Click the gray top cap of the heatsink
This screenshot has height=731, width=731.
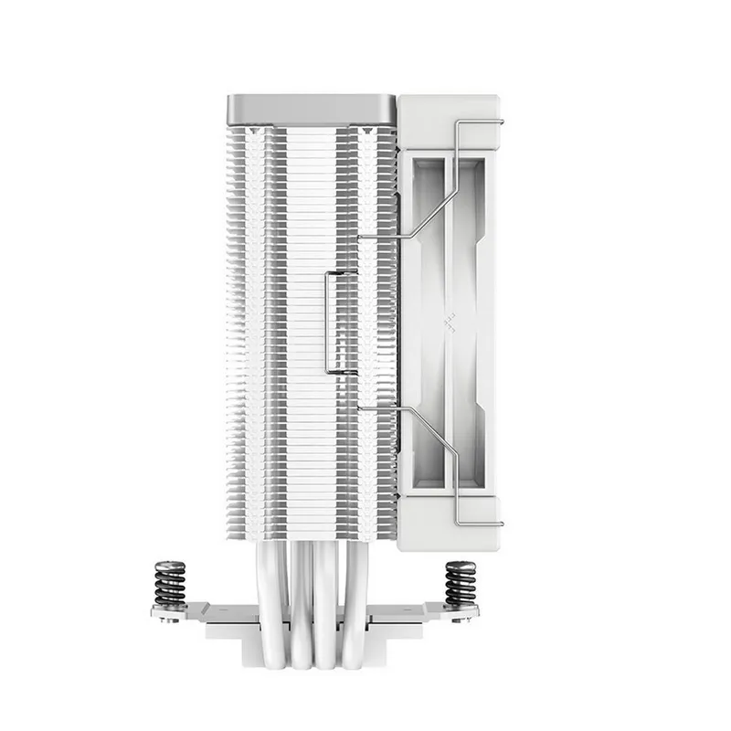(x=311, y=109)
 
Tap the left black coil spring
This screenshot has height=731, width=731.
(x=169, y=585)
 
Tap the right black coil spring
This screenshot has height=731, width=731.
(x=460, y=585)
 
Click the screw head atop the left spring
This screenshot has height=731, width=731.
(x=169, y=564)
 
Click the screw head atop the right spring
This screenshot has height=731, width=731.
(x=460, y=564)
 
